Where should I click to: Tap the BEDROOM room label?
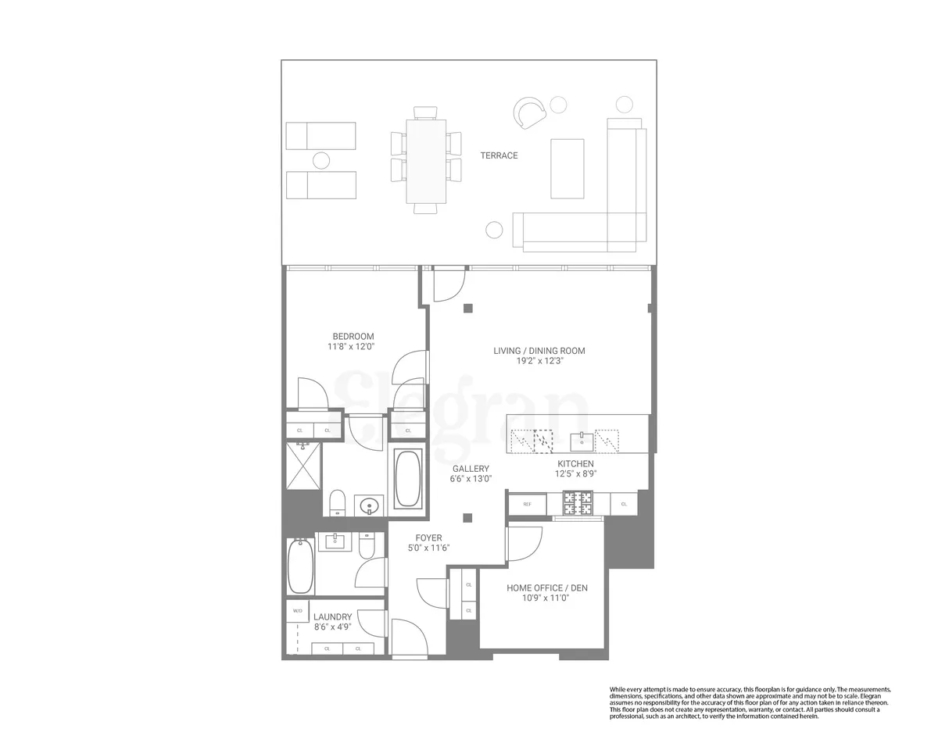pos(353,337)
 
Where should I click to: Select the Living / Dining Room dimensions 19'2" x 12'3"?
pos(539,362)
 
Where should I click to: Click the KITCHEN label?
pos(575,464)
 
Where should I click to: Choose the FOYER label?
pos(428,537)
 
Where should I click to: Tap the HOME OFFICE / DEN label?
pos(547,588)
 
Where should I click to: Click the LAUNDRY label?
pos(333,616)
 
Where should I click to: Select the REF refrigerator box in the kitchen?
pos(527,504)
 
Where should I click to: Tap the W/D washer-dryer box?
pos(297,610)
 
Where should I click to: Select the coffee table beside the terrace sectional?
pos(567,168)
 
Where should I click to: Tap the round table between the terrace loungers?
pos(321,161)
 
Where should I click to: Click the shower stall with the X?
pos(303,466)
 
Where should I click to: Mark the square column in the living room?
pos(467,307)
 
